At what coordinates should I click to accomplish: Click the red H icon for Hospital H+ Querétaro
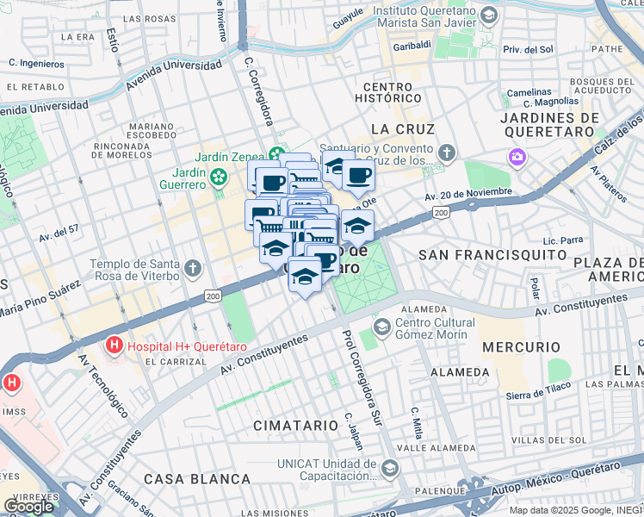pos(113,346)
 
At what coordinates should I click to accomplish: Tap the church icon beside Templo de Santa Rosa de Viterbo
pos(192,267)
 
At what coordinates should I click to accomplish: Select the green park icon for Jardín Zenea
pos(276,156)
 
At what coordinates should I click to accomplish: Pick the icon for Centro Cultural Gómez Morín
pos(381,326)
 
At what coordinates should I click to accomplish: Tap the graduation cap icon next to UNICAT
pos(389,469)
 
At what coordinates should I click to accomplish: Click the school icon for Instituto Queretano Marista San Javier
pos(489,16)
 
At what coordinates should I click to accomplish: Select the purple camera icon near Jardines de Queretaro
pos(517,158)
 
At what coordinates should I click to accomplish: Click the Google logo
pos(29,505)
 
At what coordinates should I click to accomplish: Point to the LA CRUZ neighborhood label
pos(403,128)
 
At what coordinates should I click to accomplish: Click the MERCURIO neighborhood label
pos(516,346)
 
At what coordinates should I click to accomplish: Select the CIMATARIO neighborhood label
pos(296,426)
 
